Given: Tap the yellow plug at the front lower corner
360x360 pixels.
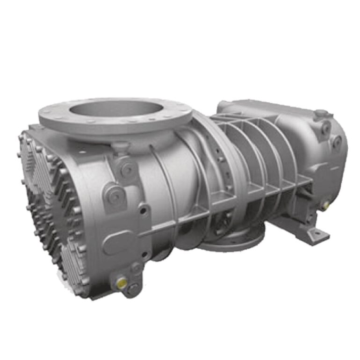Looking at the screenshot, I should click(121, 281).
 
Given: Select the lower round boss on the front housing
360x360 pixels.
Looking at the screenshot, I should click(112, 196).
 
